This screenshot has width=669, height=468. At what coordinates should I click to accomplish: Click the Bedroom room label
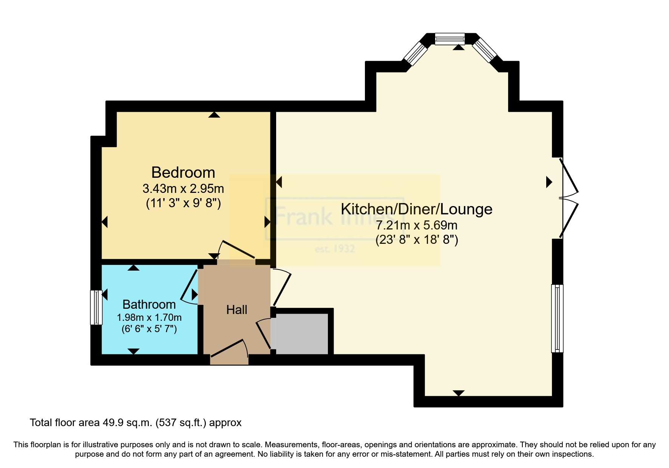(183, 172)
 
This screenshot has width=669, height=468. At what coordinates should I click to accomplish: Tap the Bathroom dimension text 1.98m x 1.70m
(149, 317)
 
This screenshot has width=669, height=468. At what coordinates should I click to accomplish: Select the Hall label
(236, 310)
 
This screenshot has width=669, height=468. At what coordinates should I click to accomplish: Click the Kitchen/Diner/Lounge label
(416, 209)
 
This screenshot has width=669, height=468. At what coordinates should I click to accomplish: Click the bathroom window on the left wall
(96, 307)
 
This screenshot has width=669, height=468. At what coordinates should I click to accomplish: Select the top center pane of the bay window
(450, 39)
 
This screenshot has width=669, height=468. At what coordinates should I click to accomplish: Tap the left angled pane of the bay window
(416, 53)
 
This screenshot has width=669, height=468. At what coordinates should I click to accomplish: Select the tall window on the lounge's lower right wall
(557, 318)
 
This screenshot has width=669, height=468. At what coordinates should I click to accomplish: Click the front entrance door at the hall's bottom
(229, 352)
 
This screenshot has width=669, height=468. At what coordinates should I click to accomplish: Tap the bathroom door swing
(189, 287)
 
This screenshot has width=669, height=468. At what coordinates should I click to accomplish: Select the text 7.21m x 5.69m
(416, 225)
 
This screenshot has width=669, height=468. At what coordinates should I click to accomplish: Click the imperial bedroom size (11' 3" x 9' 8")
(183, 203)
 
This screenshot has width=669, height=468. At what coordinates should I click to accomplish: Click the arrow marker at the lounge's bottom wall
(458, 393)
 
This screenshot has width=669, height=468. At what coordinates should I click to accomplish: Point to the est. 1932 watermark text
(335, 249)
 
